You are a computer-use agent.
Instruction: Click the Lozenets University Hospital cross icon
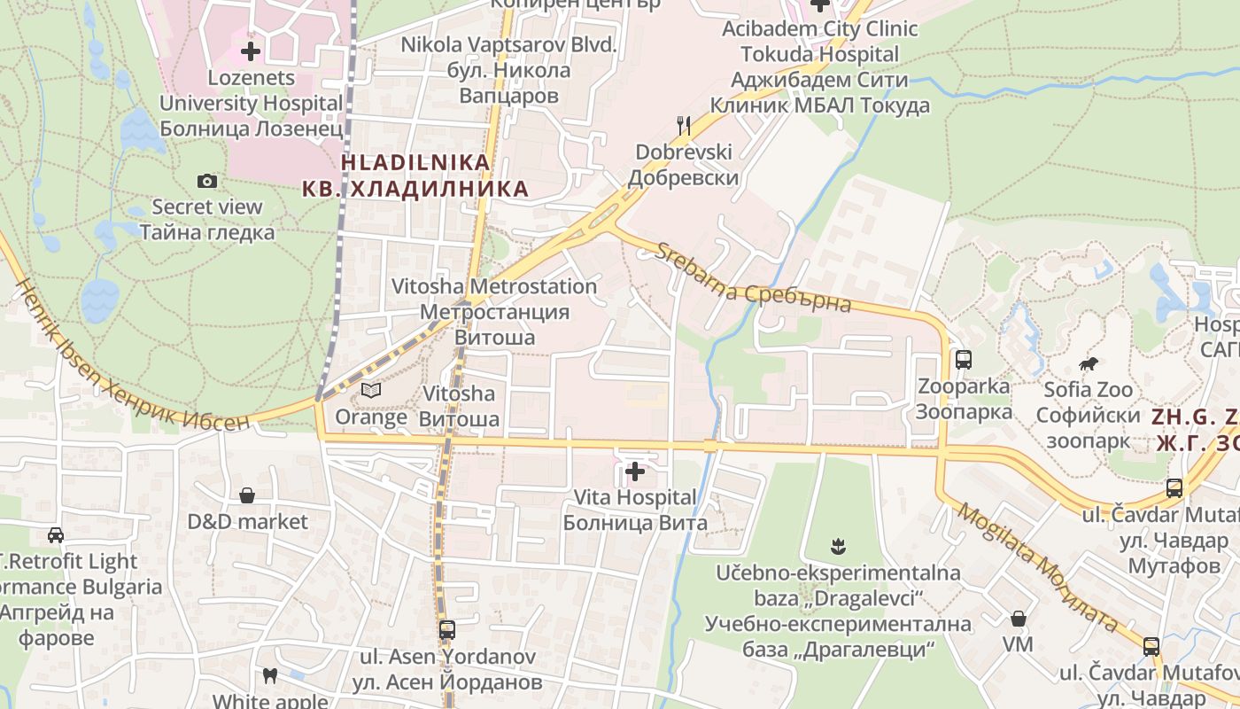(x=251, y=51)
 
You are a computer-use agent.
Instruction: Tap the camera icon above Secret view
(x=207, y=182)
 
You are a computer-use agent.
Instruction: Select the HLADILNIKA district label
(x=415, y=175)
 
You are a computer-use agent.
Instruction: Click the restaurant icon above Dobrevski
(x=683, y=126)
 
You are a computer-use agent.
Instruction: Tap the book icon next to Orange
(x=371, y=390)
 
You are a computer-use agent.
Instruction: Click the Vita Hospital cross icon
(x=635, y=471)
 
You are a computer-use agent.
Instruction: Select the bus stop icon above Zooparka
(x=964, y=360)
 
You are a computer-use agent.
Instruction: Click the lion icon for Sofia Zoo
(x=1088, y=363)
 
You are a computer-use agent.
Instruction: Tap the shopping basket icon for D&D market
(x=247, y=495)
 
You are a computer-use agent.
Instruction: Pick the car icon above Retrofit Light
(x=56, y=535)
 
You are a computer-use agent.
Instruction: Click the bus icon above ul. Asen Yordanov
(x=447, y=630)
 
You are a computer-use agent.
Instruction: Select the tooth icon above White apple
(x=271, y=676)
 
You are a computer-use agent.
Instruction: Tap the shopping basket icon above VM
(x=1019, y=618)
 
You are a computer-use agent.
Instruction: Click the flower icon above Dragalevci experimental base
(x=837, y=546)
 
